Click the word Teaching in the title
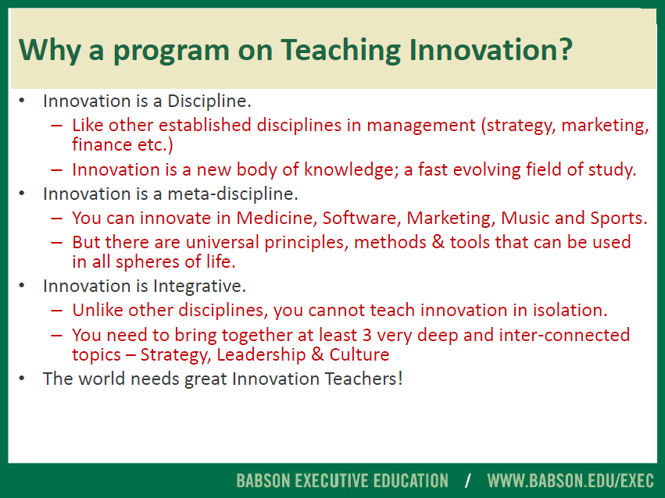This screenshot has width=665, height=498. click(x=340, y=51)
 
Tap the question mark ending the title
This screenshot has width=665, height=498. click(x=564, y=49)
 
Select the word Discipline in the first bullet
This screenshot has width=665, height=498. click(x=209, y=101)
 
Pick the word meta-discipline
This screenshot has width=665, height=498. click(x=233, y=194)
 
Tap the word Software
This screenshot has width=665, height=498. click(x=362, y=218)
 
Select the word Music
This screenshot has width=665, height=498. click(x=525, y=218)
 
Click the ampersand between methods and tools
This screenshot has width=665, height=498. click(x=438, y=242)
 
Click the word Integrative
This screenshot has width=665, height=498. click(x=199, y=286)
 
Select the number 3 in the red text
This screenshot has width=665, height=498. click(x=366, y=336)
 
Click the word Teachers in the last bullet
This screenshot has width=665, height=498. click(x=363, y=379)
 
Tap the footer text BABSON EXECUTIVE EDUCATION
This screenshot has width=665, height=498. click(x=342, y=481)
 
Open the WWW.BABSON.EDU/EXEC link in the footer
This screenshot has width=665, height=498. click(x=570, y=481)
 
